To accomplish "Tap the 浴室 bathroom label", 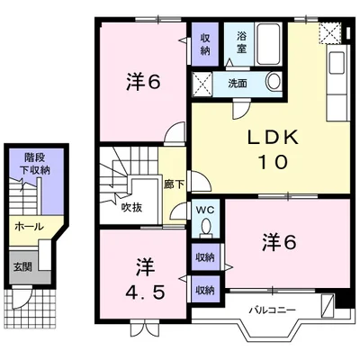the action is point(242,42).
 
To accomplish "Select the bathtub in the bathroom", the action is point(269,44).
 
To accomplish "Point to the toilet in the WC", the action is point(206,227).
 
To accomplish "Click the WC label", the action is point(205,210).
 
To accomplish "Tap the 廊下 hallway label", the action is point(174,184).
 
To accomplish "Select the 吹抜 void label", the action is point(131,208).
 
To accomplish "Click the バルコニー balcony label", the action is point(273,310).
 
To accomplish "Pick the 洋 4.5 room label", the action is point(145,279).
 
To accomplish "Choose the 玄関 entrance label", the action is point(22,266).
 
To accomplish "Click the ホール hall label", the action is point(29,227).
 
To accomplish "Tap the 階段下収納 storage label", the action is point(35,164).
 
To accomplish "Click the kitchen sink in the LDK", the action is point(337,63).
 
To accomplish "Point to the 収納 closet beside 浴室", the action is point(205,44).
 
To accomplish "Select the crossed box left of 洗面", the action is point(202,85).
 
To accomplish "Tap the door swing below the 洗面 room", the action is point(241,109).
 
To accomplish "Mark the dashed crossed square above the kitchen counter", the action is point(330,33).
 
